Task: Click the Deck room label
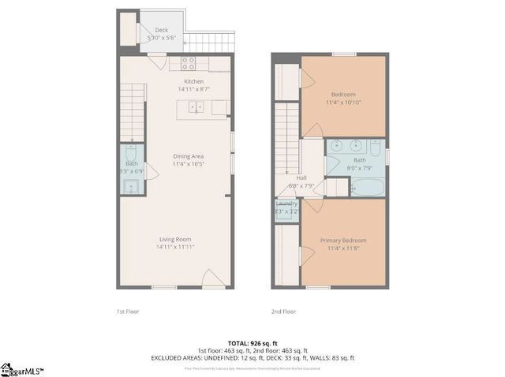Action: pos(161,31)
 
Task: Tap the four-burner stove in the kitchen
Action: pos(189,62)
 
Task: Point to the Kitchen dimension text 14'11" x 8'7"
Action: pos(194,89)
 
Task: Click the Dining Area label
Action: pos(189,156)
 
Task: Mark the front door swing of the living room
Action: pos(211,278)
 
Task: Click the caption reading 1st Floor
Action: pos(127,312)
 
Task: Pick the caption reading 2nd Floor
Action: pos(282,312)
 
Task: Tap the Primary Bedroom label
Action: pos(342,241)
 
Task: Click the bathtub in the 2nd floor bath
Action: pos(367,188)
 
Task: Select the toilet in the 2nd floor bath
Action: pos(376,147)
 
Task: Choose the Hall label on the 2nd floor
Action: pos(301,177)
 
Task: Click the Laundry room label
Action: pos(286,203)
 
